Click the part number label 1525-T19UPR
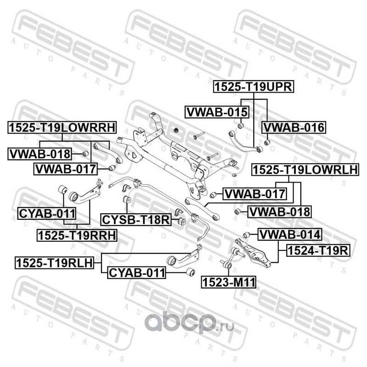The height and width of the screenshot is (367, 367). tap(254, 87)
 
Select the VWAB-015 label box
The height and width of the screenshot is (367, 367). tap(217, 112)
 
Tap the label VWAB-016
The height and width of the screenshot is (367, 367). tap(294, 128)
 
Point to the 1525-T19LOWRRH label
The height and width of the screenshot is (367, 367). tap(62, 128)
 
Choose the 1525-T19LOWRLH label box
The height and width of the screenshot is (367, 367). tap(305, 170)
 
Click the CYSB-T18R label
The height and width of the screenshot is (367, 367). tap(136, 220)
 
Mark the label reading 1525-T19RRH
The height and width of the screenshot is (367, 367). tap(77, 235)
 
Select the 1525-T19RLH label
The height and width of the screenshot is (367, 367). tap(54, 262)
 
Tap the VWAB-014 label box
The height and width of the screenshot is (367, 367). tap(290, 234)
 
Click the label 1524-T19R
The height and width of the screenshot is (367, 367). tap(318, 250)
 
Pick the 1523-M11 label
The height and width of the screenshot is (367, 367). tap(228, 282)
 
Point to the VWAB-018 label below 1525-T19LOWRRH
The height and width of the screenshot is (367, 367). tap(39, 154)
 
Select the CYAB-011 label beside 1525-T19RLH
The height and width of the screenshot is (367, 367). tap(137, 272)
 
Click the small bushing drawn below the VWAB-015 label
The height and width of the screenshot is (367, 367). tap(241, 126)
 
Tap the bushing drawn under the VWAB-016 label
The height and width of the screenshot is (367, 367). tap(267, 142)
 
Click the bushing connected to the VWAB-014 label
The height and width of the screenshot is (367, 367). tap(246, 235)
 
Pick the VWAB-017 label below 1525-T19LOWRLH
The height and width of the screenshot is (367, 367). tap(255, 194)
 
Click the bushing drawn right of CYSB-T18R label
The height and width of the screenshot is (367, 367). tap(182, 221)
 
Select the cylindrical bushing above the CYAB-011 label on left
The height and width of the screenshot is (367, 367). tap(62, 189)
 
